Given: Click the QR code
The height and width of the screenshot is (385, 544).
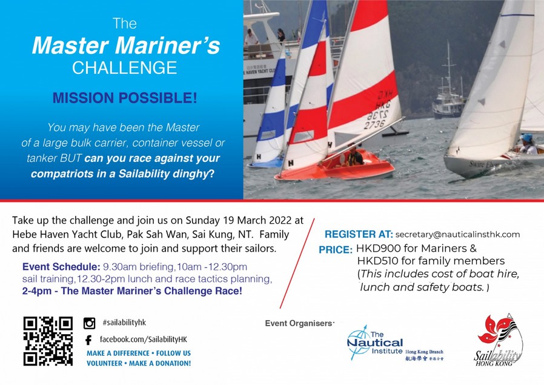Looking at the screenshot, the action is point(48,341).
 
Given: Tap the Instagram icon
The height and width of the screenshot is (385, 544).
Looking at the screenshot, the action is point(89,323).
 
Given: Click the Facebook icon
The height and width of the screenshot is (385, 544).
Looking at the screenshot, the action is point(88,340).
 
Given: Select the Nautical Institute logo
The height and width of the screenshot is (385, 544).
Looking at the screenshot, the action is point(395,343).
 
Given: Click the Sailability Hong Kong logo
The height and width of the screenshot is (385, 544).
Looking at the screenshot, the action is point(499,340).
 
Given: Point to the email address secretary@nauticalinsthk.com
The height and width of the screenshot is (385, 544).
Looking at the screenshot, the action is point(457,234).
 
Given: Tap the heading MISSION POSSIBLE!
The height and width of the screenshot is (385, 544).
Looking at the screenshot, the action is point(125,98).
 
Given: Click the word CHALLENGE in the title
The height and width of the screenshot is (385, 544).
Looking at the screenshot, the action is point(125,68).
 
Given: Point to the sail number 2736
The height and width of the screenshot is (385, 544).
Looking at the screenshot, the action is point(374,124).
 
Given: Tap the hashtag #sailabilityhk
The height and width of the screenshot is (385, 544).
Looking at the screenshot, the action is point(124,323).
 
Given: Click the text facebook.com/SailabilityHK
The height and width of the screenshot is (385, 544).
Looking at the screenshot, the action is point(144,339).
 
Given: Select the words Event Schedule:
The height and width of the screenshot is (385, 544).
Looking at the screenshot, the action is point(61,267).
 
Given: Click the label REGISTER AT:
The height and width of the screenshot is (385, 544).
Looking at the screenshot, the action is point(359,234).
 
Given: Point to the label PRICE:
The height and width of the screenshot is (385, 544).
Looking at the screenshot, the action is point(336,250).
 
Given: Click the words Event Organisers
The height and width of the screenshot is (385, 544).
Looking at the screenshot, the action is point(299,323).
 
